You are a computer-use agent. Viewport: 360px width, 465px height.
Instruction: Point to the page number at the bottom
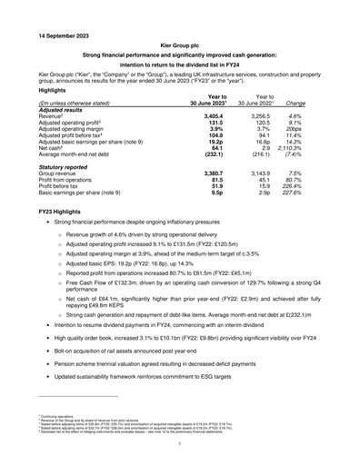(x=180, y=444)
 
